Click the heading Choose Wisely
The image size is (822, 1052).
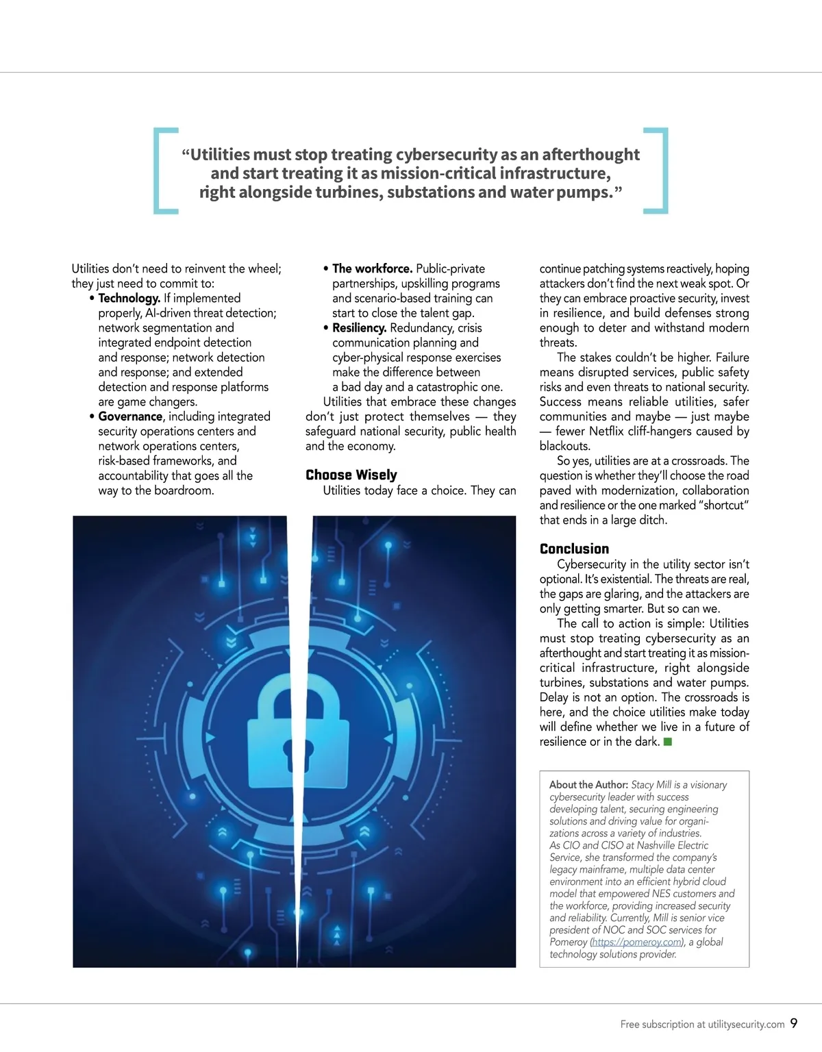[x=351, y=475]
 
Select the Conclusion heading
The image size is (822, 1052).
[x=574, y=549]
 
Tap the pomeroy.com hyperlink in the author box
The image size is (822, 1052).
[x=637, y=942]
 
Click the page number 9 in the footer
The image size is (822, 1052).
[x=794, y=1023]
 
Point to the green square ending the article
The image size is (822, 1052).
[x=668, y=742]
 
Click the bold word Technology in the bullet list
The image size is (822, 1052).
[x=129, y=298]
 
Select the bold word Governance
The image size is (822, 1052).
[x=130, y=416]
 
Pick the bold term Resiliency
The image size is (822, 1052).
[x=359, y=328]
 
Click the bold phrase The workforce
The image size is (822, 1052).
[x=372, y=268]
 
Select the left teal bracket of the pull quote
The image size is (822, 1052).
[x=164, y=171]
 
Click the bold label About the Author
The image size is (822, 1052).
[x=588, y=785]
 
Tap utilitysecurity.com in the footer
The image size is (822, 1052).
[x=746, y=1025]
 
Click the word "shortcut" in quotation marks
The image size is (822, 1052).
[x=725, y=505]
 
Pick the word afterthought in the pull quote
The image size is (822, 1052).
[x=590, y=155]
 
